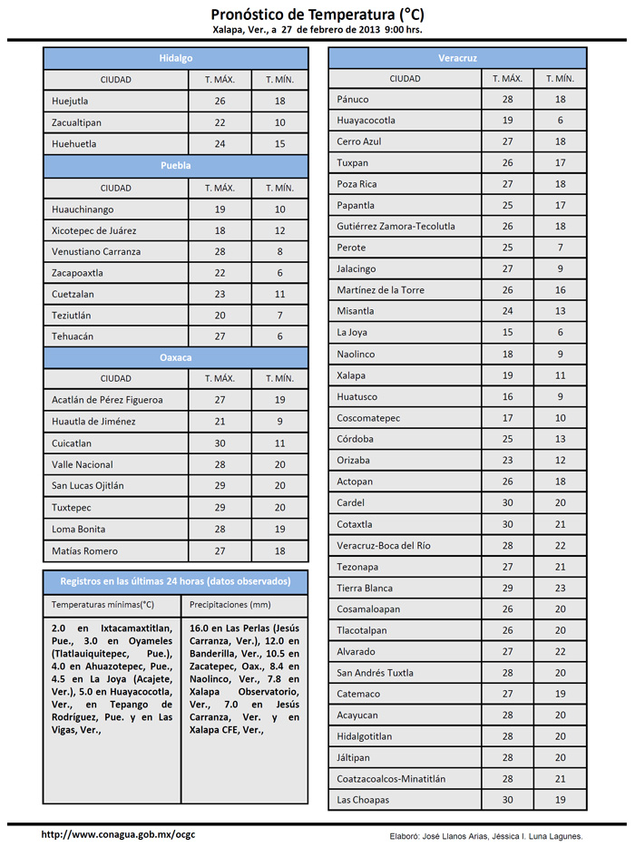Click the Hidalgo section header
point(176,58)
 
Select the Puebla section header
point(176,166)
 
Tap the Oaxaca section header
point(176,358)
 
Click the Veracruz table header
point(457,58)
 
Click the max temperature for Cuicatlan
point(220,443)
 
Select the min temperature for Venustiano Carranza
point(280,251)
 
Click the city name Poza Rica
point(357,184)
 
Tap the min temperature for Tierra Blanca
point(561,589)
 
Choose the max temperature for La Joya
point(508,332)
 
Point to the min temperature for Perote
point(561,248)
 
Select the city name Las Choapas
point(363,800)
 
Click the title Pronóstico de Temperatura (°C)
point(317,15)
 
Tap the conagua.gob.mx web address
point(118,834)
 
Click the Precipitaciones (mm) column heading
point(230,604)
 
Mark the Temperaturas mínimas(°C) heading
point(103,604)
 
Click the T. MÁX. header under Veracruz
point(508,79)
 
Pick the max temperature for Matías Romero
point(220,550)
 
